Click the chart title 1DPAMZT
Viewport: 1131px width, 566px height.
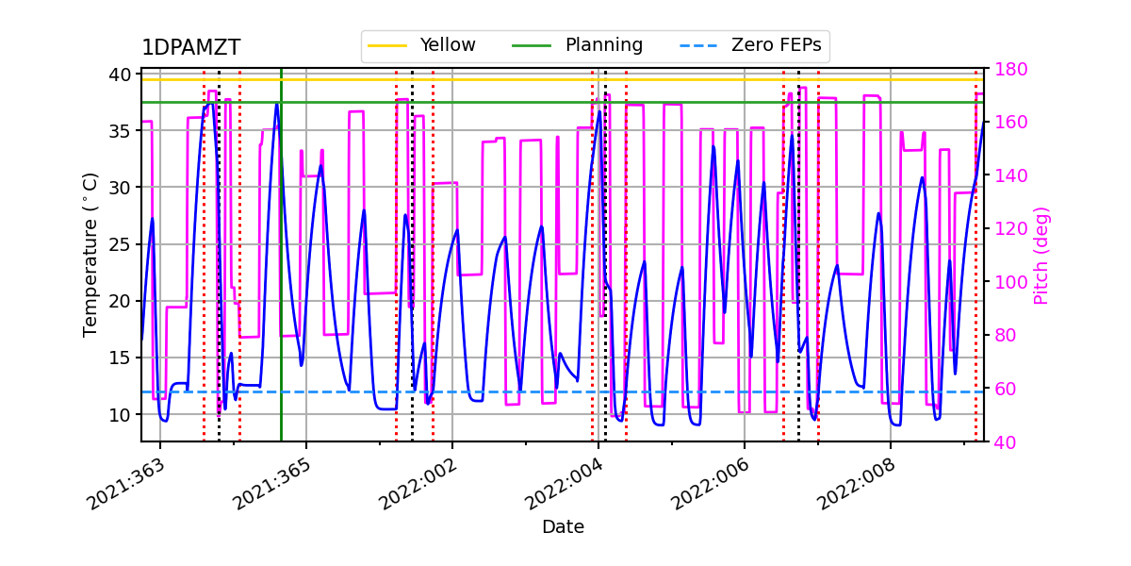coord(190,48)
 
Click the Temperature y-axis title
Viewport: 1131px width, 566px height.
coord(90,254)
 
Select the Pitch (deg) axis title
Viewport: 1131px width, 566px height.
coord(1041,255)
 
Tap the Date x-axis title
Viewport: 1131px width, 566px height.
coord(563,527)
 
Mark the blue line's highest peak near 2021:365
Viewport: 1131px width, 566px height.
coord(277,104)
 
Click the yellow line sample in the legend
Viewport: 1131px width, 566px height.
coord(387,45)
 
